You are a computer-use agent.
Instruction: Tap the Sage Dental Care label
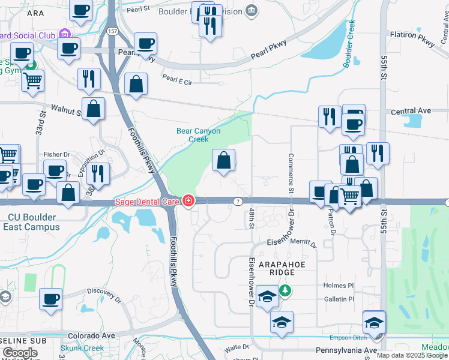(147, 200)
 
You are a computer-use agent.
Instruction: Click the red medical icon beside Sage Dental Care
(188, 200)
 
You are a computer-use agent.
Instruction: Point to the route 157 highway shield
(111, 29)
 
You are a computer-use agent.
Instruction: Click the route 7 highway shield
(238, 200)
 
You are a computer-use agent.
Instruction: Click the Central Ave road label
(411, 111)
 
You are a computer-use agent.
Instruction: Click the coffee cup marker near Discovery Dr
(50, 299)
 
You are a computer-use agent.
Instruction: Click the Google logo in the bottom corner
(20, 353)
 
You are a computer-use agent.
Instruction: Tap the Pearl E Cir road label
(177, 79)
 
